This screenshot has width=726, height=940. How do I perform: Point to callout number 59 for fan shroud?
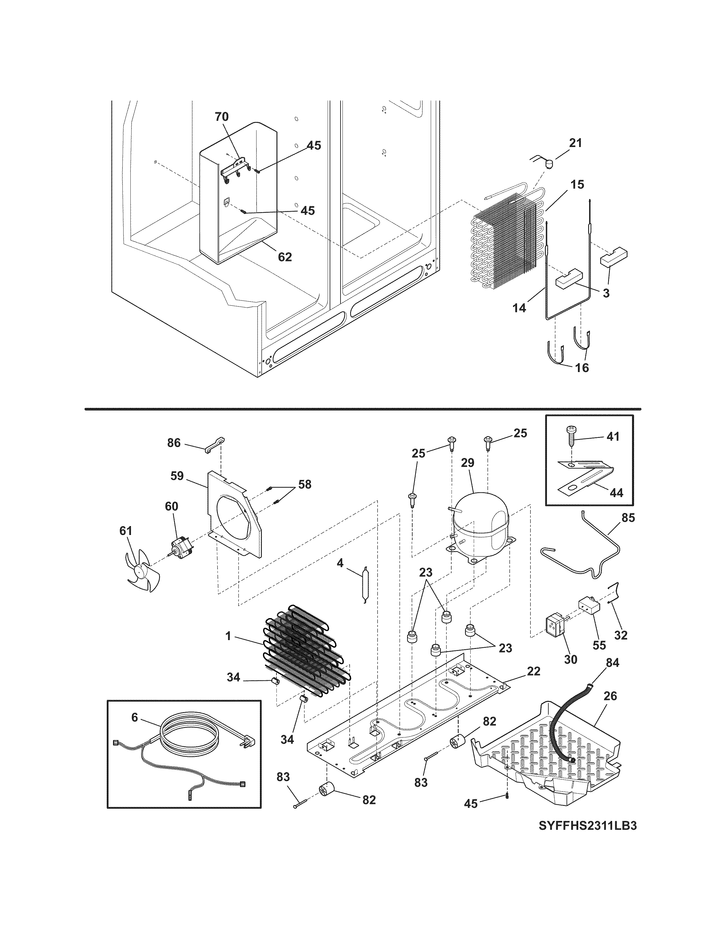tap(177, 476)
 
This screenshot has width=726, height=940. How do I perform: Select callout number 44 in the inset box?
tap(616, 493)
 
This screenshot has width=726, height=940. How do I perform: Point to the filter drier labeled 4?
tap(365, 586)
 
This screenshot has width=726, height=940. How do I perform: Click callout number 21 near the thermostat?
tap(575, 143)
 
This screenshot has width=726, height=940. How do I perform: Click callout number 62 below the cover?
tap(285, 257)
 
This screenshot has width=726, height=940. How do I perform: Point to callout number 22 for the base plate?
tap(533, 671)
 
